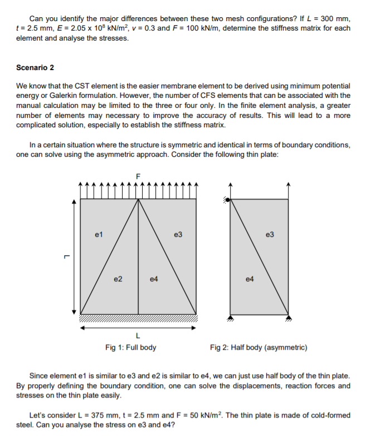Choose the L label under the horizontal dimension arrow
pos(138,335)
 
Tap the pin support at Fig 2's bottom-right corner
pos(288,318)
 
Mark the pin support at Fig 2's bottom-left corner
pos(230,318)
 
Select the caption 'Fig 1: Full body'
pos(130,347)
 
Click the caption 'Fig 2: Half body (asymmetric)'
pos(258,347)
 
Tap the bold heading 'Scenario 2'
pos(35,68)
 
